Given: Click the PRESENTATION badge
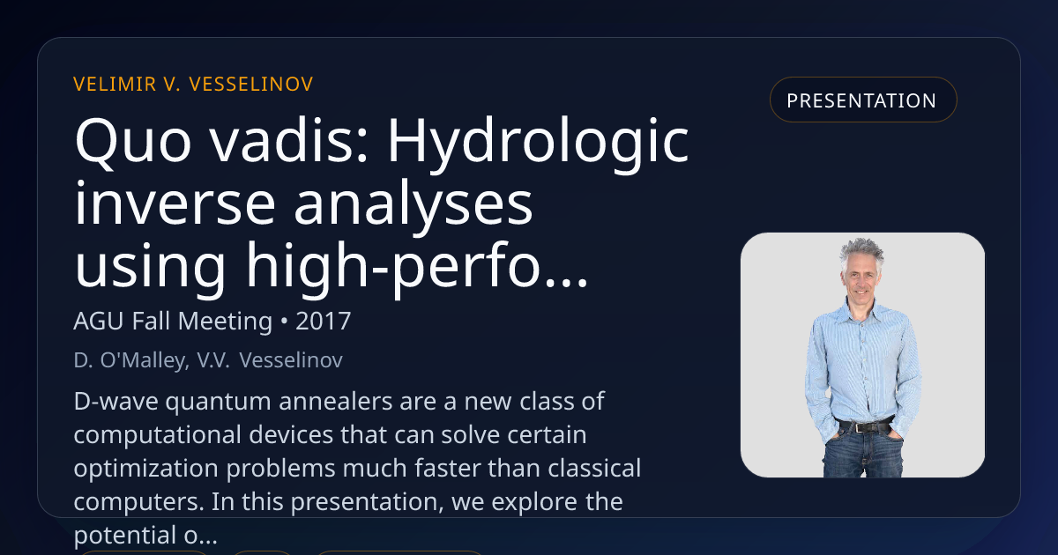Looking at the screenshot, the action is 863,100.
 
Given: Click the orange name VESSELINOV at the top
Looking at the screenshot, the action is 251,85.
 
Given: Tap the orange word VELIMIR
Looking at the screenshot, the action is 115,85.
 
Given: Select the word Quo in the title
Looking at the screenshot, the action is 133,141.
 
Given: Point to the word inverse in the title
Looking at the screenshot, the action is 175,204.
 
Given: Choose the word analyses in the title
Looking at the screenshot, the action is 414,208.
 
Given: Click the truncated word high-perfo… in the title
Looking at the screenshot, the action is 416,267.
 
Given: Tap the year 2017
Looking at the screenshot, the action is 323,322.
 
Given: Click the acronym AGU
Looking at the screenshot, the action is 99,322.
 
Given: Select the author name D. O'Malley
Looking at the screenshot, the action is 131,360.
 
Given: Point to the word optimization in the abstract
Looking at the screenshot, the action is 146,469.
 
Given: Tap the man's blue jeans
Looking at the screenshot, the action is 863,454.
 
